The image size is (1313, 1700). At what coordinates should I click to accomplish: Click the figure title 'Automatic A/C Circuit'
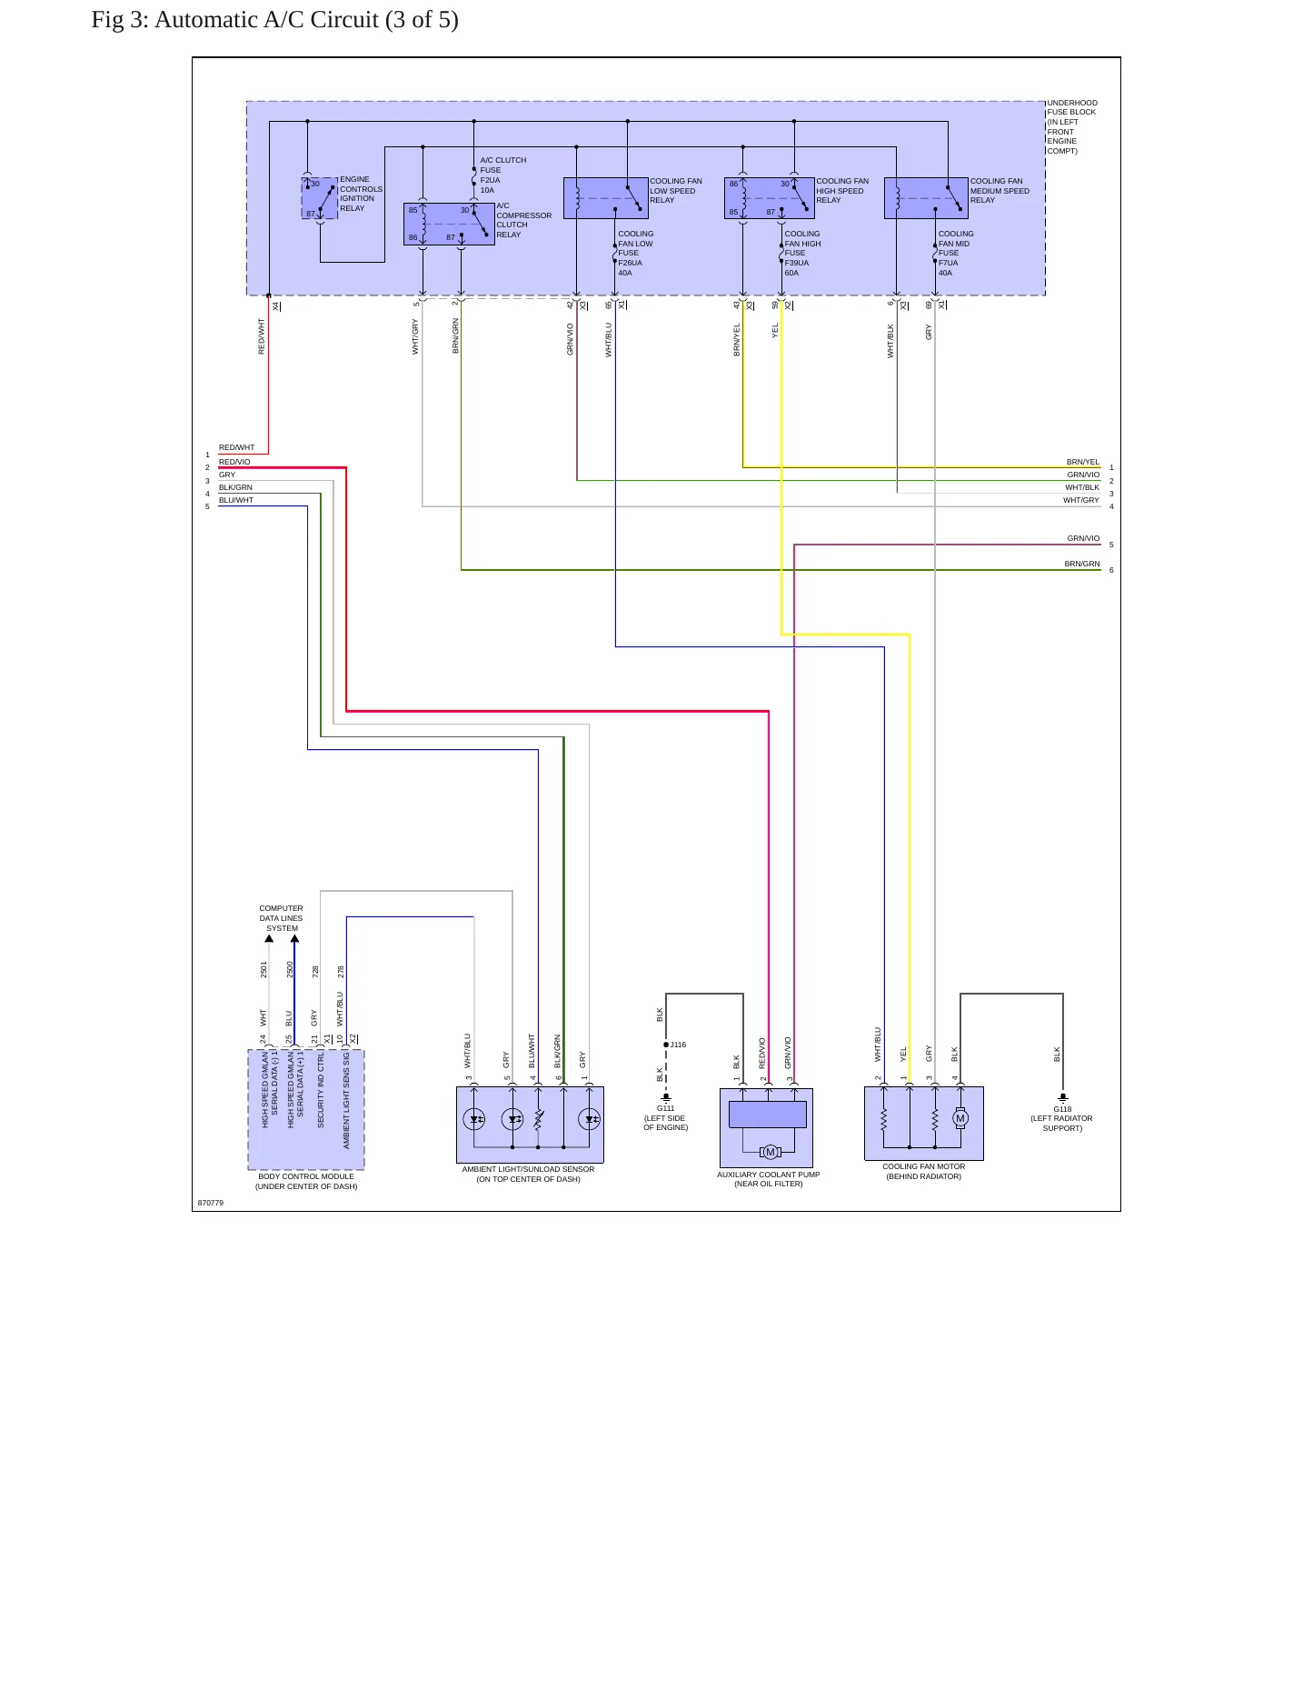pos(267,20)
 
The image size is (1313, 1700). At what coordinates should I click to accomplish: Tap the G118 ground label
pos(1062,1109)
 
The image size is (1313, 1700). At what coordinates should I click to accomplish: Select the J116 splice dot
pos(666,1045)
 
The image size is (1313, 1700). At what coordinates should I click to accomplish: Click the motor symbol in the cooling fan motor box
pos(960,1119)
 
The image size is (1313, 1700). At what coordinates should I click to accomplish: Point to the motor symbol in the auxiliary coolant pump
pos(771,1152)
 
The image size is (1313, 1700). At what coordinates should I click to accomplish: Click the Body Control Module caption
pos(306,1181)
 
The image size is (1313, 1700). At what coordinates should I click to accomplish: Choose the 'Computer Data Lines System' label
pos(282,918)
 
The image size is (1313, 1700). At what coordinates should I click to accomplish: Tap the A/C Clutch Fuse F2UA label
pos(502,175)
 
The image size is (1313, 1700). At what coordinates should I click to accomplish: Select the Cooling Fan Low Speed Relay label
pos(676,191)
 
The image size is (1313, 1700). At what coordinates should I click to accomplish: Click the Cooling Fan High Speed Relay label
pos(842,191)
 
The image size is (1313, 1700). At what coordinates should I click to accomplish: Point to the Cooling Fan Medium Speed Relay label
pos(1000,191)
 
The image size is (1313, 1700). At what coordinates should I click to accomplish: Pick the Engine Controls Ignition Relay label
pos(361,194)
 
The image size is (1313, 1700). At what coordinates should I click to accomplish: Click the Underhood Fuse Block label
pos(1072,126)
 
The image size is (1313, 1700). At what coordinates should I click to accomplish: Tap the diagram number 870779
pos(211,1203)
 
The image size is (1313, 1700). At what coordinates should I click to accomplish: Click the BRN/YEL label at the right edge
pos(1083,462)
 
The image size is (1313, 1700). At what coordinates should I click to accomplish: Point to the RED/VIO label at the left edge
pos(234,462)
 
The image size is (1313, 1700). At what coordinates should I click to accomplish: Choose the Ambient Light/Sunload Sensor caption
pos(528,1175)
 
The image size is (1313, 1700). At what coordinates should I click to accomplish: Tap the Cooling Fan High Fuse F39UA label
pos(802,253)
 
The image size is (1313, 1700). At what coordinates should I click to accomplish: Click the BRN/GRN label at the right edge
pos(1082,564)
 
